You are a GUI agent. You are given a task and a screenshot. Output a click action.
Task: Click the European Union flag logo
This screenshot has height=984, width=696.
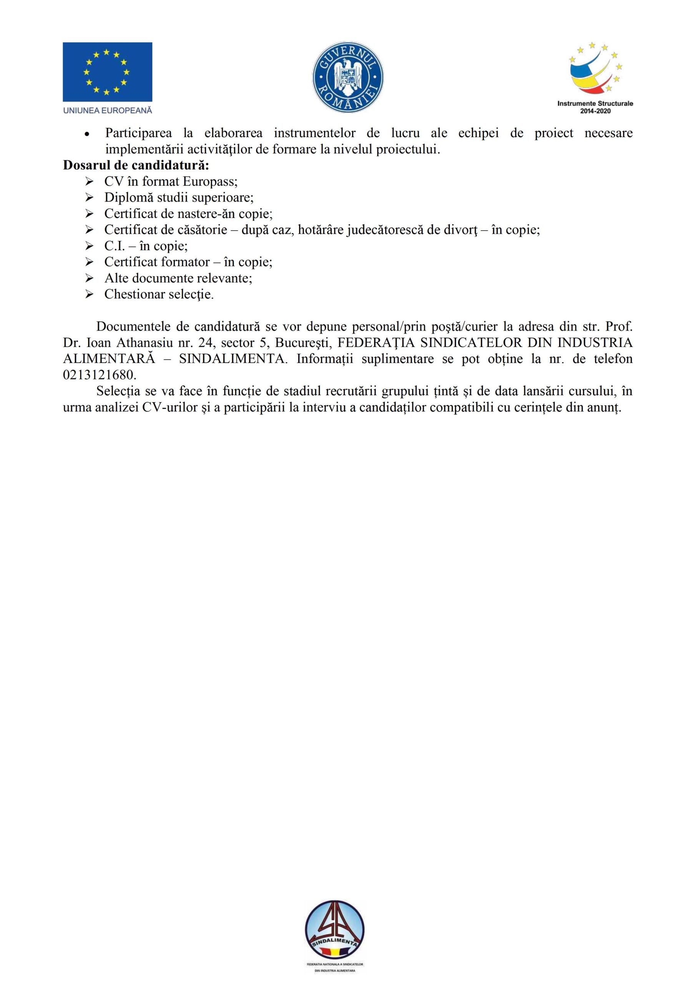[x=107, y=71]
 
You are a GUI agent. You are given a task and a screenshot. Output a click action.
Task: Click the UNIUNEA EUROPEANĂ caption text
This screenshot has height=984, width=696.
[x=108, y=111]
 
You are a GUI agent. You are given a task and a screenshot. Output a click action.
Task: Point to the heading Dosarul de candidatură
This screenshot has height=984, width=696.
[x=136, y=165]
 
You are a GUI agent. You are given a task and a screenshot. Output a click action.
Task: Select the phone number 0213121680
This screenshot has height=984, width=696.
[x=100, y=375]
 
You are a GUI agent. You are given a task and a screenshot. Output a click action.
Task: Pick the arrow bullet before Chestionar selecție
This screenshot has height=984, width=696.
[x=89, y=294]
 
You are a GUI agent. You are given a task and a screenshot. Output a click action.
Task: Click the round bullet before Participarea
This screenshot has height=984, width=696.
[x=87, y=134]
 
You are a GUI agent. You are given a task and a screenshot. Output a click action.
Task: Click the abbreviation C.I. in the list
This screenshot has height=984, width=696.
[x=114, y=246]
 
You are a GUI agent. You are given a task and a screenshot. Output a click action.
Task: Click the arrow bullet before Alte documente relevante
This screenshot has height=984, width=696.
[x=89, y=278]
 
